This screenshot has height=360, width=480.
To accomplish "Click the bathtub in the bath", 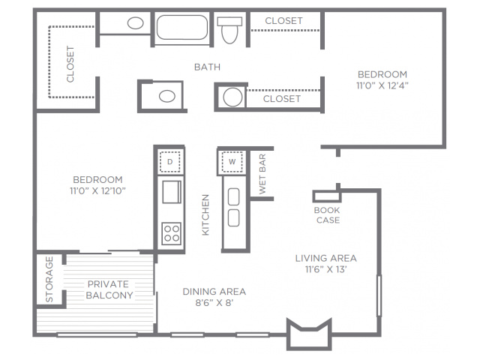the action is point(182,27).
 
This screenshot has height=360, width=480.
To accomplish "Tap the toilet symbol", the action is point(229,30).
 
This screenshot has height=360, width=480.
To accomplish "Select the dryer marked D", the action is point(170,161).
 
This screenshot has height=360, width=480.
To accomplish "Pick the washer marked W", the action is point(232,161).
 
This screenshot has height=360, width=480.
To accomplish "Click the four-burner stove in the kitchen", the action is point(171,233).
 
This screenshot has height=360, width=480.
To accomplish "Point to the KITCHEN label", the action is point(205,215).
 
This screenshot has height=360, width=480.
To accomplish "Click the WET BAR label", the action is point(262,174).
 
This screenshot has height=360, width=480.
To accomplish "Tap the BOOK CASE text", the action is point(327,215).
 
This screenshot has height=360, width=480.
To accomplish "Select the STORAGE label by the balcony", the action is point(49,279).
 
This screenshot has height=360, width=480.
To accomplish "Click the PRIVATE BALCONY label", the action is point(109,289).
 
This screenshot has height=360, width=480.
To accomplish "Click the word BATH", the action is point(207,67).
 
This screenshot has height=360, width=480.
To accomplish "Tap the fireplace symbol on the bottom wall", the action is point(309,334).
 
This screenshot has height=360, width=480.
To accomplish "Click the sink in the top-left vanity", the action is point(135,23).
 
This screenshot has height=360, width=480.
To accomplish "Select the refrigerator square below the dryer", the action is point(172,192).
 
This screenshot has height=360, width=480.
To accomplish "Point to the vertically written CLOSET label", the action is point(70,64).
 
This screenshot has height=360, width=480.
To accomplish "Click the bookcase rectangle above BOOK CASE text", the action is point(327,196).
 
